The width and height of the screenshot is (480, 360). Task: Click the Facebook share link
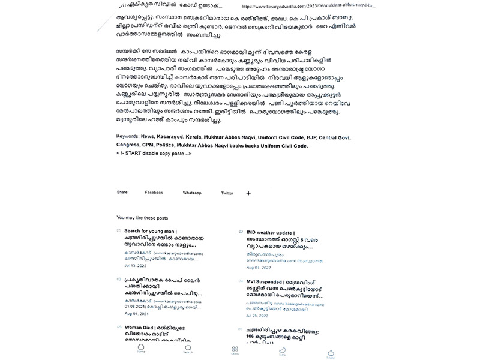click(154, 193)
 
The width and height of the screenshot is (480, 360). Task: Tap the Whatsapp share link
click(191, 193)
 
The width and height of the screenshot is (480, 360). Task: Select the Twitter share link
click(227, 193)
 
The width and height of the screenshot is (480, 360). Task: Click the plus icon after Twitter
click(248, 193)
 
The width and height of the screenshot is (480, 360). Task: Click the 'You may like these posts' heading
click(142, 218)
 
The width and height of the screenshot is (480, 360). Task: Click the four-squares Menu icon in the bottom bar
click(235, 350)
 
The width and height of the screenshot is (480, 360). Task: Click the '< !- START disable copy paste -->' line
click(154, 154)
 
